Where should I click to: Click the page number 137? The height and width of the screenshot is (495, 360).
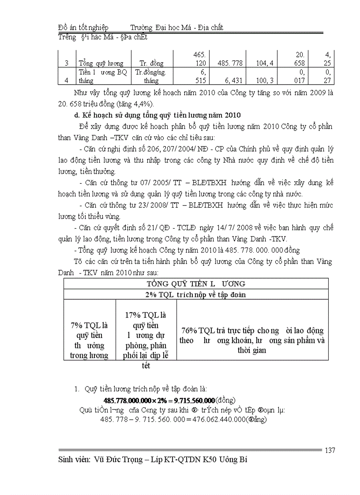[x=330, y=450]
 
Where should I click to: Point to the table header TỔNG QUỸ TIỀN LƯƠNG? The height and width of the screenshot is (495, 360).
[x=196, y=283]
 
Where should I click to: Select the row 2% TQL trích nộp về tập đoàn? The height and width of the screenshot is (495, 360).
[x=196, y=294]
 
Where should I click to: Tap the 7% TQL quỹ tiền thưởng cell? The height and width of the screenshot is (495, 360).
[x=90, y=339]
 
